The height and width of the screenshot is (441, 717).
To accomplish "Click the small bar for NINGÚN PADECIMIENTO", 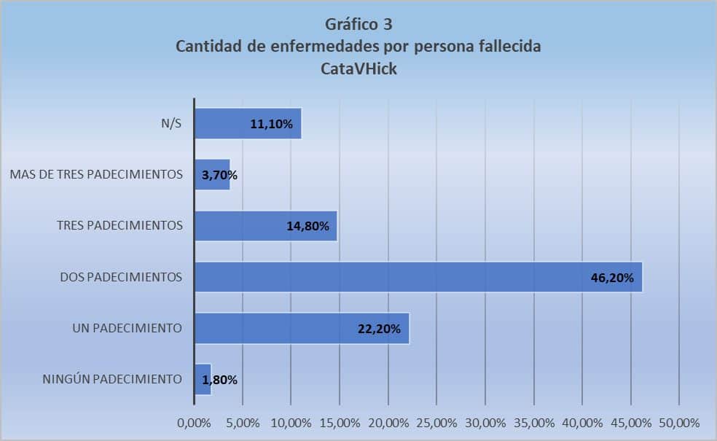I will tap(203, 379).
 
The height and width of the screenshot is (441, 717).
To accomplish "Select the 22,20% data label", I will tap(379, 329).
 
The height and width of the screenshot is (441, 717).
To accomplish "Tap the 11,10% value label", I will tap(271, 125).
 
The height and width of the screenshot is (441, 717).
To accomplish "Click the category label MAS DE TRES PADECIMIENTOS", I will tap(96, 175).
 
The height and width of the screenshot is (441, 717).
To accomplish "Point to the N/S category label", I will tap(171, 124).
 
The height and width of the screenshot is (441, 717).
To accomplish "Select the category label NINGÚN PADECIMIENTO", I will tap(111, 379).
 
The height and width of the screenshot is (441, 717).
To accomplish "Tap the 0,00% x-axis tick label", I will tap(193, 423).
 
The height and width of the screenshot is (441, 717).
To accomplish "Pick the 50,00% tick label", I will tap(679, 423).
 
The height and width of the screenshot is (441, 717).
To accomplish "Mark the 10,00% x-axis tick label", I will tap(291, 423).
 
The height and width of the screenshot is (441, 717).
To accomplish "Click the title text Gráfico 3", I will tap(358, 25).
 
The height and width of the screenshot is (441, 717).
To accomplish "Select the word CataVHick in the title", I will tap(358, 70).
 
